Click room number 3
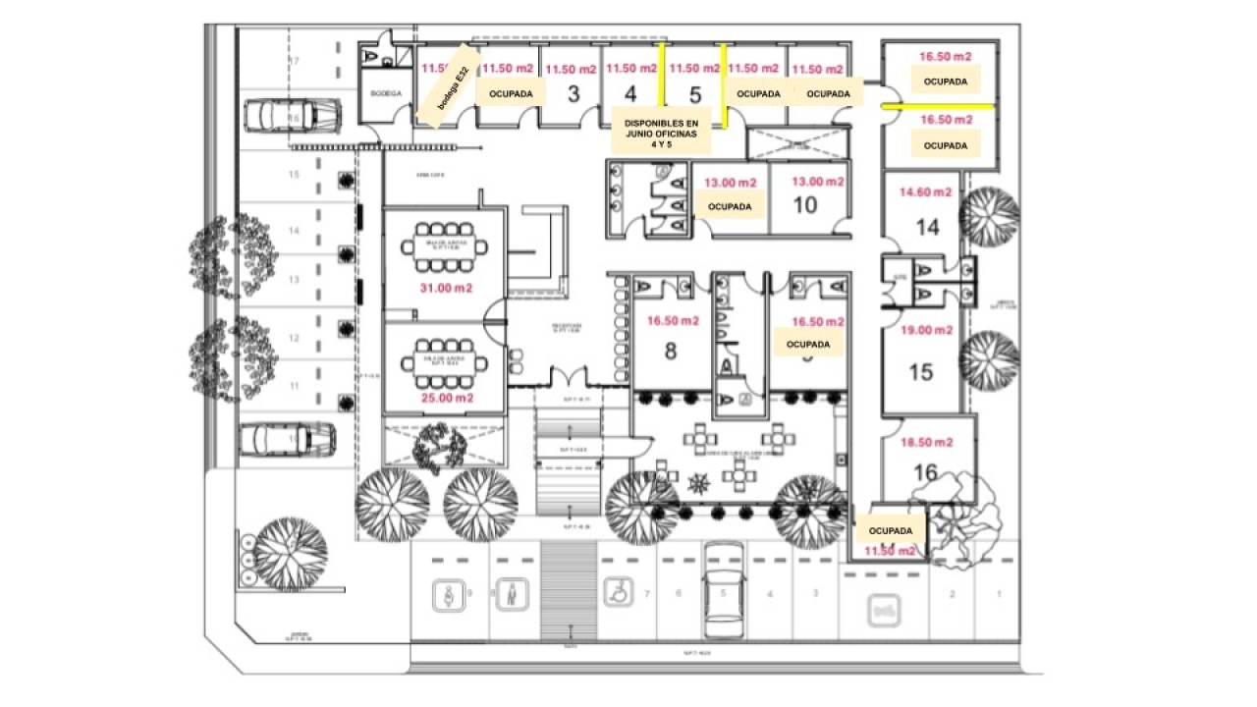(574, 94)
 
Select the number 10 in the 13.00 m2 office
(804, 205)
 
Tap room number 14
(927, 228)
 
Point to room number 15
(920, 373)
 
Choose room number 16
(925, 472)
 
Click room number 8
(671, 351)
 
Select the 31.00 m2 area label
(446, 288)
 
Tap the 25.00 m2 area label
(446, 398)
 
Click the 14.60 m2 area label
(926, 193)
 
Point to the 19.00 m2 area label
(926, 331)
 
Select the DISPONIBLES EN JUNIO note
(661, 132)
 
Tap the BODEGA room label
(386, 93)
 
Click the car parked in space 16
(292, 115)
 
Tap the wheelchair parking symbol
(617, 592)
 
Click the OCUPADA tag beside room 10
(730, 207)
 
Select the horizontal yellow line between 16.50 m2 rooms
(939, 104)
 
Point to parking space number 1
(999, 594)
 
